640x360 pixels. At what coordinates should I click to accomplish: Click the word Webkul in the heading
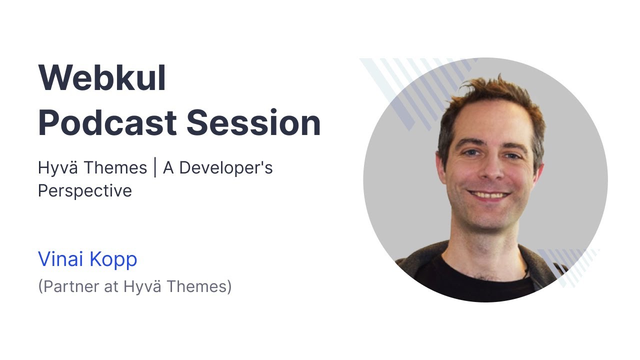pos(102,78)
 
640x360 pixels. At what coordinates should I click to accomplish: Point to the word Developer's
pos(226,168)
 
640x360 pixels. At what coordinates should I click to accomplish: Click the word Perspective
pos(85,191)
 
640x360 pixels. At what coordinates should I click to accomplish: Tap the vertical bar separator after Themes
pos(155,168)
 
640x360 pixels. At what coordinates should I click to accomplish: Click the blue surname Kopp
pos(113,259)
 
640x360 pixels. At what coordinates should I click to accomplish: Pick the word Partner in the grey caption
pos(66,287)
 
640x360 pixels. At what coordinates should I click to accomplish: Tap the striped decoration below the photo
pos(570,265)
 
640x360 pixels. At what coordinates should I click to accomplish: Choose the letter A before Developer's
pos(168,168)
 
